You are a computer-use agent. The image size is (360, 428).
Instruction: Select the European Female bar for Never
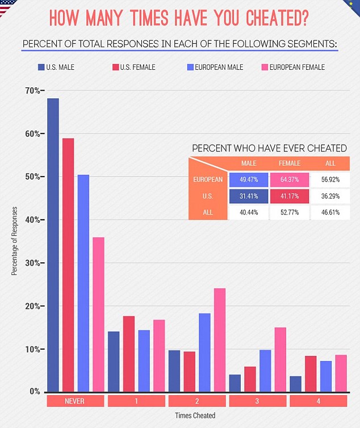click(98, 314)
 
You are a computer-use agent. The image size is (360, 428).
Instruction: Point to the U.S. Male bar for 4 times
click(295, 384)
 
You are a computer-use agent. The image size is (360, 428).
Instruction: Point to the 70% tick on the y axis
click(34, 91)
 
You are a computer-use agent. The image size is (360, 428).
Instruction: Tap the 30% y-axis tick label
click(33, 263)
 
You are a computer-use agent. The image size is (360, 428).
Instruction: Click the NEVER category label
click(76, 401)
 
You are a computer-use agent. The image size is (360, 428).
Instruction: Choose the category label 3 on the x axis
click(257, 401)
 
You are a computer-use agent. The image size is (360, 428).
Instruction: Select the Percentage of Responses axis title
click(15, 241)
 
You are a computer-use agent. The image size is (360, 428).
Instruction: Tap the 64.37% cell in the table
click(290, 180)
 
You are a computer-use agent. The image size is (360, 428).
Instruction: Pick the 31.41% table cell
click(249, 196)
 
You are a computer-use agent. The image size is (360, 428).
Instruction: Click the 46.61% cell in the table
click(329, 213)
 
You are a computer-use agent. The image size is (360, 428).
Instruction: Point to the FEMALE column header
click(290, 163)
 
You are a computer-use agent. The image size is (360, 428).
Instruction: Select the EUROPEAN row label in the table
click(208, 180)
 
